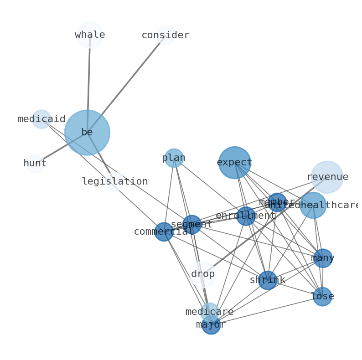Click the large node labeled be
87,133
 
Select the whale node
90,35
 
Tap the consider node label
165,36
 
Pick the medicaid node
41,119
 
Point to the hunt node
35,164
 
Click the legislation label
115,181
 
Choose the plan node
174,158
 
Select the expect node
234,163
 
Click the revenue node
327,177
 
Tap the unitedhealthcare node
313,205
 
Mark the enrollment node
246,216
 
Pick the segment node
191,225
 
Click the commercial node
164,232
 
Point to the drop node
203,274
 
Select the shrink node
267,280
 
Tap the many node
323,258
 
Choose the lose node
322,297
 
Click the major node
211,325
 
